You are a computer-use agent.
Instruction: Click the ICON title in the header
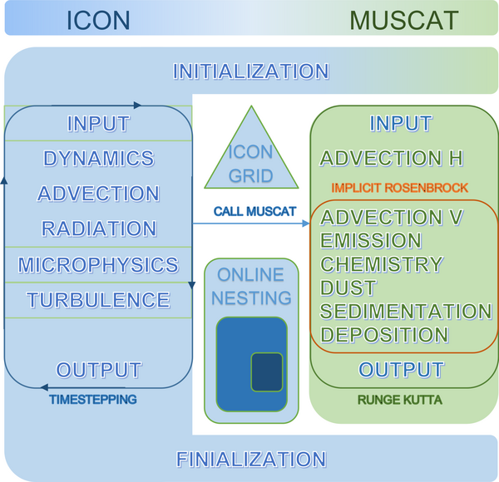pyautogui.click(x=98, y=20)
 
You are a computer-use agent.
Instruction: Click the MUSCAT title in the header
pyautogui.click(x=404, y=20)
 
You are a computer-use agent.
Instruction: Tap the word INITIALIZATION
pyautogui.click(x=251, y=71)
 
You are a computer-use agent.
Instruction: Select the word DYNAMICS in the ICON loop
pyautogui.click(x=99, y=159)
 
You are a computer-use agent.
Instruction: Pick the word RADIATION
pyautogui.click(x=99, y=229)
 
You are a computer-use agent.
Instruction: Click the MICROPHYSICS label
pyautogui.click(x=98, y=264)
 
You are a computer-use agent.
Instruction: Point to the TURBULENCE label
pyautogui.click(x=98, y=300)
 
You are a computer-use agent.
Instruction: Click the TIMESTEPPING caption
pyautogui.click(x=93, y=400)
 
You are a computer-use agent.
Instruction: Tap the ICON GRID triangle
pyautogui.click(x=251, y=159)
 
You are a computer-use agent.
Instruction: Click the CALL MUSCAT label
pyautogui.click(x=255, y=211)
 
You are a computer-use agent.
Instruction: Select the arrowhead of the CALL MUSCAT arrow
pyautogui.click(x=306, y=224)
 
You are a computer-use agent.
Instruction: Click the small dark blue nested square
pyautogui.click(x=267, y=371)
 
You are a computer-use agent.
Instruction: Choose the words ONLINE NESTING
pyautogui.click(x=251, y=286)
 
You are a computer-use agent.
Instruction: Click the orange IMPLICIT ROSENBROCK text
pyautogui.click(x=400, y=188)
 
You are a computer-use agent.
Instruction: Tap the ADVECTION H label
pyautogui.click(x=392, y=158)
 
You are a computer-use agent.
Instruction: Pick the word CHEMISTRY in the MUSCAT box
pyautogui.click(x=382, y=264)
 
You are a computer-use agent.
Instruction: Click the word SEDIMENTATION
pyautogui.click(x=406, y=311)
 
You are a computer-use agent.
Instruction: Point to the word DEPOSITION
pyautogui.click(x=384, y=335)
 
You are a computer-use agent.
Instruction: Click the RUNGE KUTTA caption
pyautogui.click(x=400, y=400)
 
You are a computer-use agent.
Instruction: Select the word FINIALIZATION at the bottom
pyautogui.click(x=251, y=459)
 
